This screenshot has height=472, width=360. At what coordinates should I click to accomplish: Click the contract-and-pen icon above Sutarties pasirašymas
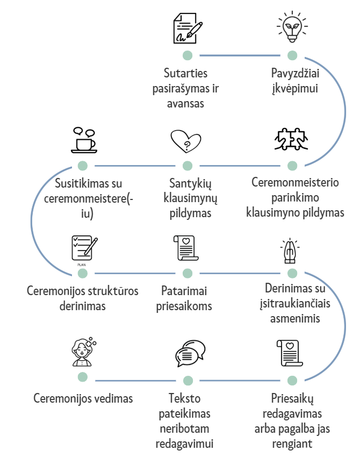(188, 28)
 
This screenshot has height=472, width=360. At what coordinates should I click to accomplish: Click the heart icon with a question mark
(185, 142)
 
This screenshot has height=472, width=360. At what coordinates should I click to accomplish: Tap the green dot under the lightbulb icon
(292, 55)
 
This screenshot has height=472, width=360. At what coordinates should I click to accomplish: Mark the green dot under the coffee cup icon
(82, 166)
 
